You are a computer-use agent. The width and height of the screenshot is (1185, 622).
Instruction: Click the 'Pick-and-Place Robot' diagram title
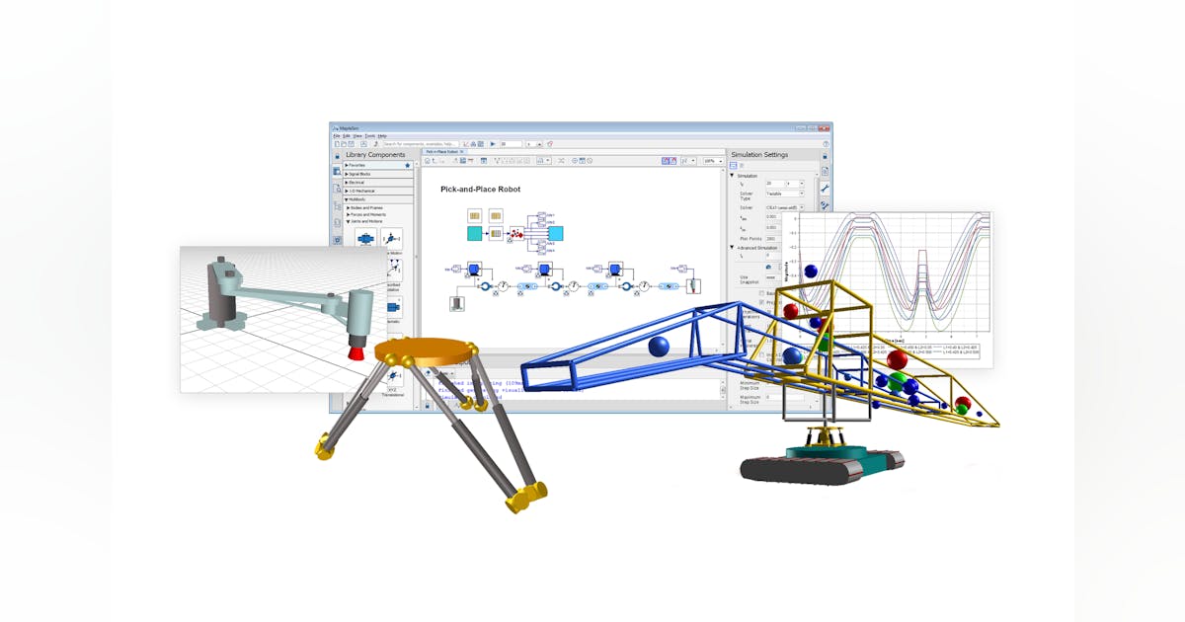[480, 189]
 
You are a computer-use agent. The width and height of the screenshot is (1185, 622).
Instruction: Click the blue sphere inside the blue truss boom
[659, 347]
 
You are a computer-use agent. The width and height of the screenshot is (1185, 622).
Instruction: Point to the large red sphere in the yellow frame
[897, 360]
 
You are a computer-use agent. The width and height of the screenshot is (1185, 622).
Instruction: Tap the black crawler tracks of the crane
[820, 468]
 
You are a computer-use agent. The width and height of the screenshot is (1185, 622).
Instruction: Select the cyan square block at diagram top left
[475, 234]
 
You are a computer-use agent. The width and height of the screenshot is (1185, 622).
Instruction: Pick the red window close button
[824, 128]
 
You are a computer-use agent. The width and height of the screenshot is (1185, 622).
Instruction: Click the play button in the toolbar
[493, 144]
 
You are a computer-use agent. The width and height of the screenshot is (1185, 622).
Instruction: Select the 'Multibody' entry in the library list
[358, 199]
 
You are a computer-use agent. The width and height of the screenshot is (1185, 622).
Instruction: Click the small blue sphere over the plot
[811, 271]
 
